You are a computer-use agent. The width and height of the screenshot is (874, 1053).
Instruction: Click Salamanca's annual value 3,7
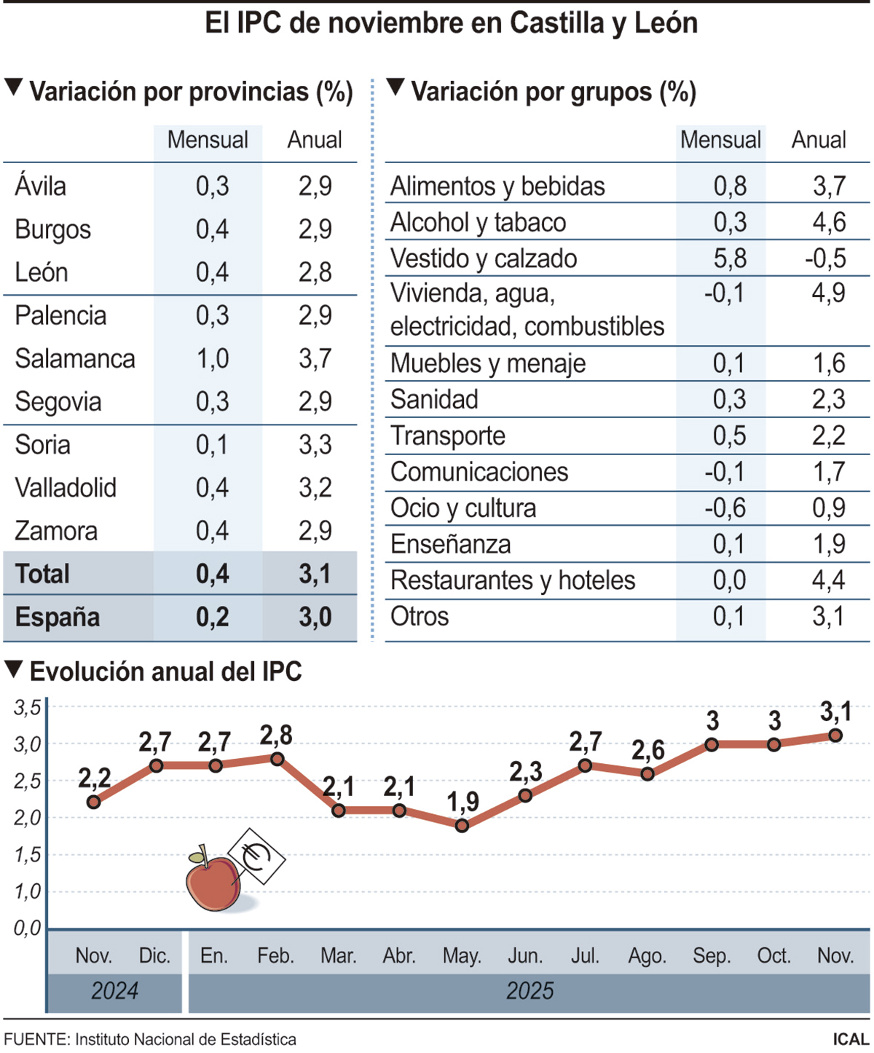pos(315,358)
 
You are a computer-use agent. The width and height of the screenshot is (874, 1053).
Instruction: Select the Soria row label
pos(43,444)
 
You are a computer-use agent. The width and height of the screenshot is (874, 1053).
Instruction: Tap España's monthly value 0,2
pos(212,617)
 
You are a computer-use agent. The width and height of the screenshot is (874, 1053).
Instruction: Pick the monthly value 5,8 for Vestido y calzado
pos(730,259)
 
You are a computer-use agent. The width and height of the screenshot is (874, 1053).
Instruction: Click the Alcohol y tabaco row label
pos(478,222)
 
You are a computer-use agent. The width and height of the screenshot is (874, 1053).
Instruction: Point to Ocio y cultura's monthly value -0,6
pos(725,508)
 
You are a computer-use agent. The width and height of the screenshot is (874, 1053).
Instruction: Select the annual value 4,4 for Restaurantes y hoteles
pos(828,580)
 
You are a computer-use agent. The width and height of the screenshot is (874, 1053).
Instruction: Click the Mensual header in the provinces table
pos(208,140)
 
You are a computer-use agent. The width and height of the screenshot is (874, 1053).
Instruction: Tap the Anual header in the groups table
pos(819,140)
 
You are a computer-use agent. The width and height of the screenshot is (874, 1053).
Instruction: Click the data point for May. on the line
pos(462,825)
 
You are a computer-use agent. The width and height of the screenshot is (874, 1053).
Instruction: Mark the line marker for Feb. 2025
pos(277,759)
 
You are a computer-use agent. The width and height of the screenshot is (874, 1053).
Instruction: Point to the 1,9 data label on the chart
pos(462,802)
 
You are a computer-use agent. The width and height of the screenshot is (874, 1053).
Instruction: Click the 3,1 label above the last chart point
pos(835,711)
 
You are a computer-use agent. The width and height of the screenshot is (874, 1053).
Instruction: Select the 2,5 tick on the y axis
pos(28,781)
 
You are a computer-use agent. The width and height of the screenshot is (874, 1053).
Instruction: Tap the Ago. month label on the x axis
pos(647,955)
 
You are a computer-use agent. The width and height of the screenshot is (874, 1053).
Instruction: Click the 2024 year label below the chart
pos(114,991)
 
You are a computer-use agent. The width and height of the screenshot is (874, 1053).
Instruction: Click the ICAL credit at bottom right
pos(850,1039)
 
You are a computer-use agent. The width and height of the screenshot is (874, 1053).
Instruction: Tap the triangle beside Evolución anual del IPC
pos(14,669)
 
